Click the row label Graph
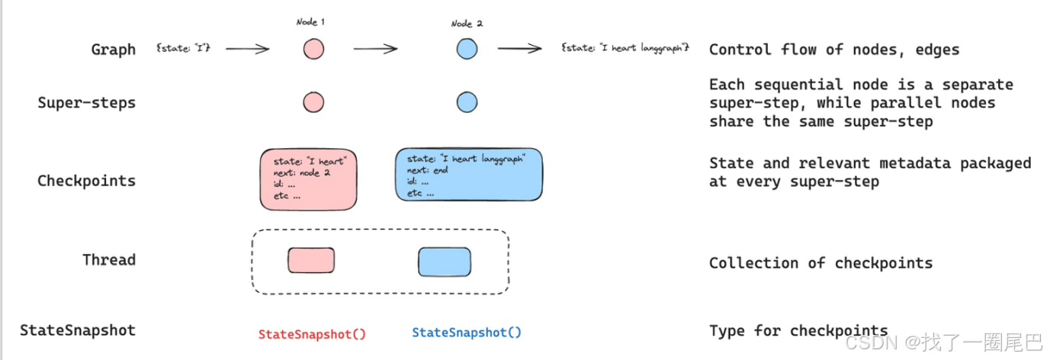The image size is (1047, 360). (113, 50)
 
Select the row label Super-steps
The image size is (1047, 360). (86, 102)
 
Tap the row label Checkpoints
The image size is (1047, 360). (86, 181)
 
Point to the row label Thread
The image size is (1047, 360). (109, 259)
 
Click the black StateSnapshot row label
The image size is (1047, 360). (78, 330)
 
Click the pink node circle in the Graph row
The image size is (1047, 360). (313, 50)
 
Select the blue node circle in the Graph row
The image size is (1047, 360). (467, 50)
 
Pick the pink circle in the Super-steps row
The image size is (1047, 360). (313, 102)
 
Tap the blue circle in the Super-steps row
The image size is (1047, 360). (467, 102)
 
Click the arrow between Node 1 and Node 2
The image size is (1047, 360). (375, 50)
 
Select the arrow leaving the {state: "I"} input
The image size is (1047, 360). (247, 50)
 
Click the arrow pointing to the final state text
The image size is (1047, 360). (520, 49)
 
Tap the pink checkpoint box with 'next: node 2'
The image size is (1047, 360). (309, 180)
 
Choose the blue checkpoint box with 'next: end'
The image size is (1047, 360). (470, 175)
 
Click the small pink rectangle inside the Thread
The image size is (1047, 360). (311, 260)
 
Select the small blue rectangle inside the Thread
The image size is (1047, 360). (445, 262)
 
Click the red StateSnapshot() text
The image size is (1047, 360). (312, 333)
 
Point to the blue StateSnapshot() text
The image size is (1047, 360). (467, 333)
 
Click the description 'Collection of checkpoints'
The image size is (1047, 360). (821, 263)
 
